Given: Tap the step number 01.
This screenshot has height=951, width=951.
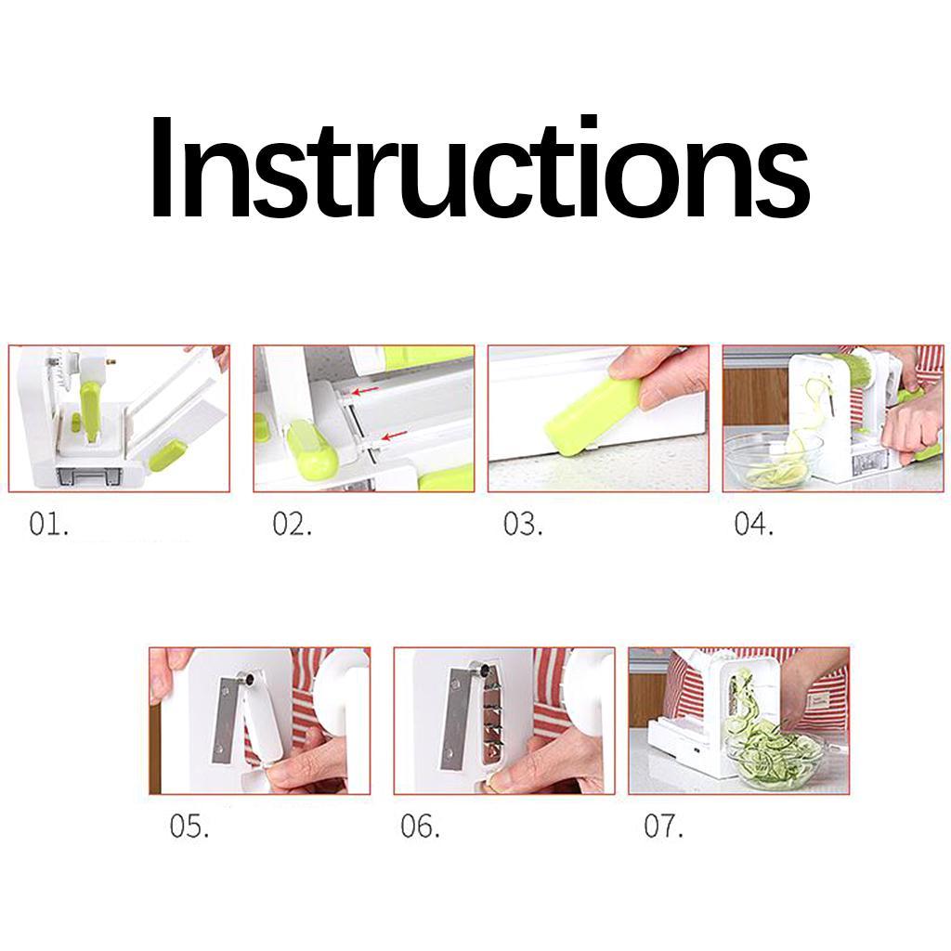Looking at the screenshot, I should coord(48,524).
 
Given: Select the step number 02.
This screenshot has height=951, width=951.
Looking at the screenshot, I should coord(292,524).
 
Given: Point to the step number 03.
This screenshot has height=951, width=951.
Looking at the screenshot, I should coord(523,524).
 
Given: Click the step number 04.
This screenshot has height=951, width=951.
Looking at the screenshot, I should coord(753,524).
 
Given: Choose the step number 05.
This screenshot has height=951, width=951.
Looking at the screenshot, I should coord(189,826).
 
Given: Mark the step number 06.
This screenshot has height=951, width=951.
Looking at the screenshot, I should coord(420,826).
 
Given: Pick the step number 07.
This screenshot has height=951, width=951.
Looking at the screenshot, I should coord(663,826).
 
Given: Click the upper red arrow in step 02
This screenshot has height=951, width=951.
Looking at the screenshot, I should coord(364,391).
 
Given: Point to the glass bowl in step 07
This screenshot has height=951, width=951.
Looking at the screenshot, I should coord(775,757).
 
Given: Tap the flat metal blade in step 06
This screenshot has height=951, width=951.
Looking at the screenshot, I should coord(455,719).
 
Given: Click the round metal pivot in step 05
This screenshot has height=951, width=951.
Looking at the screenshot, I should coord(246,680).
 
